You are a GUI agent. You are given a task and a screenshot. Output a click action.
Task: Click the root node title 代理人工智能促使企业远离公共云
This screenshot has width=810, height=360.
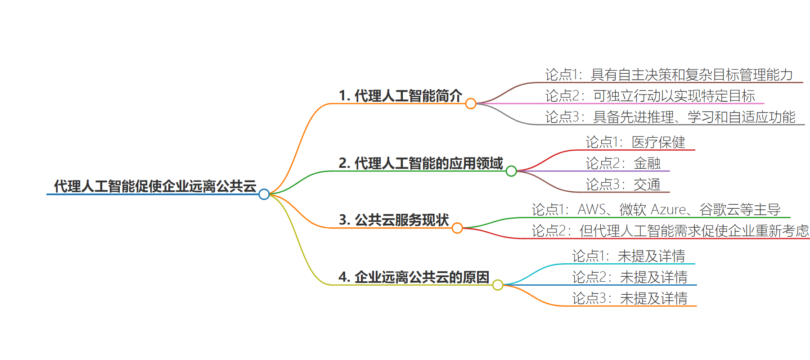pos(155,186)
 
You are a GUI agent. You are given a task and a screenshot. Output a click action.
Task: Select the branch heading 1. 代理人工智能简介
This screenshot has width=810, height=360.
pos(400,95)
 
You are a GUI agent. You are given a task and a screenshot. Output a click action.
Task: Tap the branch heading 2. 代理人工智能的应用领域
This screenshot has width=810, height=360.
pos(421,163)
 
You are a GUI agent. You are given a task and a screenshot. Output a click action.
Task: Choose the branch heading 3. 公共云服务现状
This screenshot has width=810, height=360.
pos(394,220)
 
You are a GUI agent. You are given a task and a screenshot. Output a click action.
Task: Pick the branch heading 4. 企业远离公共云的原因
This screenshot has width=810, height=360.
pos(414,277)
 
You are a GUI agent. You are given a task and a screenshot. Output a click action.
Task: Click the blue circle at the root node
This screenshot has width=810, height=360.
pos(264,194)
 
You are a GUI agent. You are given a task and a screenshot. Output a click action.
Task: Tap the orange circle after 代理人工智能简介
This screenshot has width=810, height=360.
pos(471,104)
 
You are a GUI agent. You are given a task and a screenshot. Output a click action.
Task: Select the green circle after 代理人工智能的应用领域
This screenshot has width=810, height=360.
pos(511,171)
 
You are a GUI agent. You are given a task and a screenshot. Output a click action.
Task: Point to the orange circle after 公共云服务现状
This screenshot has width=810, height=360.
pos(457,228)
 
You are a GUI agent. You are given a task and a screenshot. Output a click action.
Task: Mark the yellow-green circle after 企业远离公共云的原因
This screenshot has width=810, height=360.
pos(498,285)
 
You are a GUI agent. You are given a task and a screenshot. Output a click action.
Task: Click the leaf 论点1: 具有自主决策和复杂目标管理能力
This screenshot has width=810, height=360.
pos(669,75)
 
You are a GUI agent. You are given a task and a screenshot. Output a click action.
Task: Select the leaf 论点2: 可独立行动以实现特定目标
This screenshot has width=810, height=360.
pos(650,96)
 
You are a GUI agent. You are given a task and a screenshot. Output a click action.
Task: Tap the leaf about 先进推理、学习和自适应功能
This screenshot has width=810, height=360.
pos(670,117)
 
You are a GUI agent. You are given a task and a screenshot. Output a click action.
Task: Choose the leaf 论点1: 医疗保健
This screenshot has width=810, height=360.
pos(635,142)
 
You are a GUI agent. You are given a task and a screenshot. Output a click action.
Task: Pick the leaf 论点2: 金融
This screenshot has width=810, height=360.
pos(623,163)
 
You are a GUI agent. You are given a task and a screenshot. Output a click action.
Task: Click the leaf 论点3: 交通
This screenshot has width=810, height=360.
pos(623,184)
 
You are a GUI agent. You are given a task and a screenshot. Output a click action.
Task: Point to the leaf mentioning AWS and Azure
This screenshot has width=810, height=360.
pos(656,209)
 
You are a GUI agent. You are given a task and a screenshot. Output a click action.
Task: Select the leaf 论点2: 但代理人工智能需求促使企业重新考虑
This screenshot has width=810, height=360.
pos(670,230)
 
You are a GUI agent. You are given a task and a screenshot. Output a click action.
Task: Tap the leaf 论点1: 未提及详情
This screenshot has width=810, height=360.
pos(629,256)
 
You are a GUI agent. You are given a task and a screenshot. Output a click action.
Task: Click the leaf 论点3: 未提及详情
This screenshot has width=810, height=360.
pos(630,298)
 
